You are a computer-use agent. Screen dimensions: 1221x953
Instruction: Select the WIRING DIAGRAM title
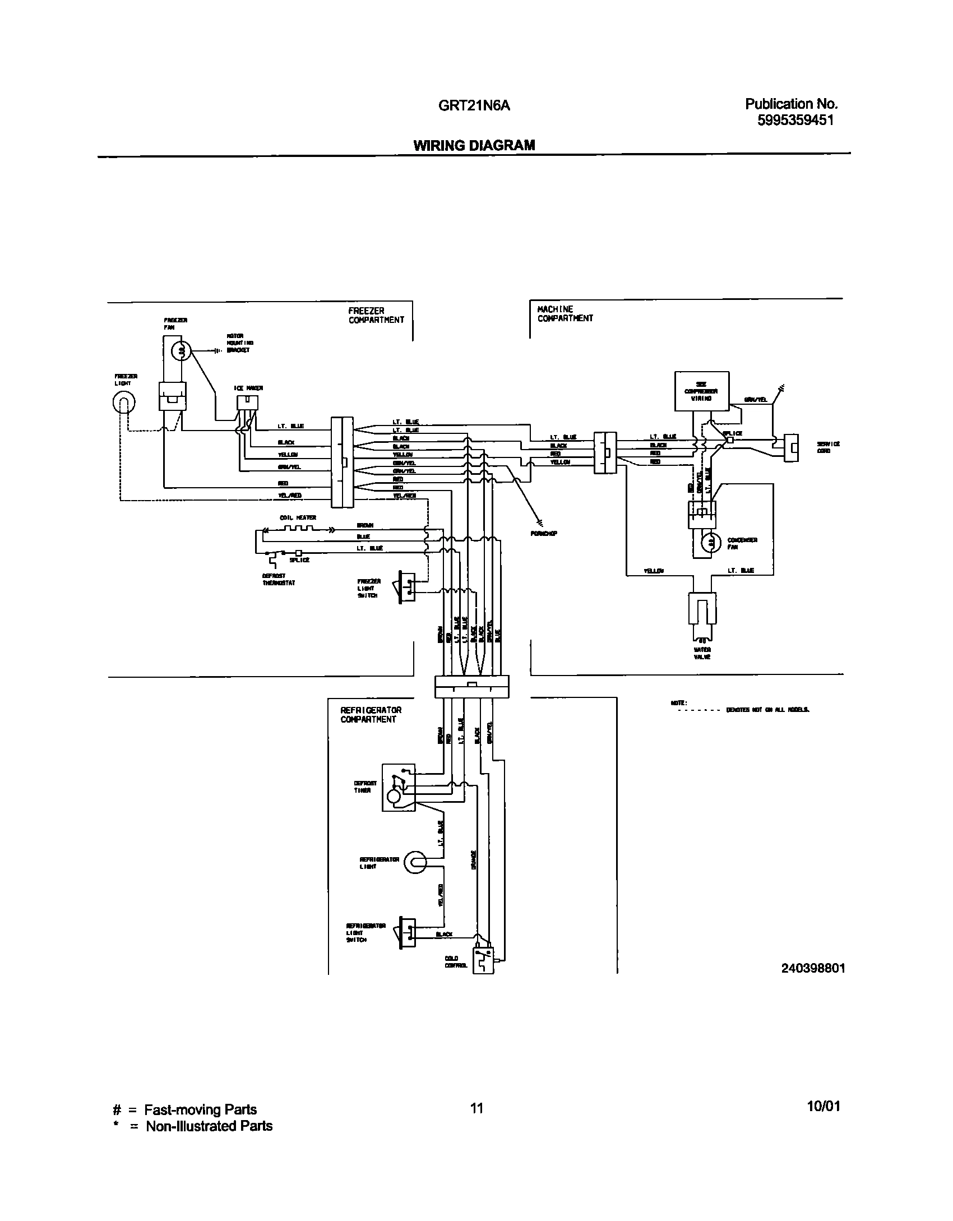coord(474,145)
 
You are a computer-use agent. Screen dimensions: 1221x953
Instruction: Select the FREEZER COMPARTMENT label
coord(376,315)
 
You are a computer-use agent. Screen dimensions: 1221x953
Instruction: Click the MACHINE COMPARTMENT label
coord(565,313)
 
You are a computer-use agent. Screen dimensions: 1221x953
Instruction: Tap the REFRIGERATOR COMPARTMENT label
coord(371,714)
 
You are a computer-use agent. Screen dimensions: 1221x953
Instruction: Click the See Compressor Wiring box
coord(702,391)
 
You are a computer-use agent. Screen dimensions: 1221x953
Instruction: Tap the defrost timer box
coord(399,787)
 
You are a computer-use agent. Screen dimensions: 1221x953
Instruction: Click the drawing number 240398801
coord(813,968)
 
